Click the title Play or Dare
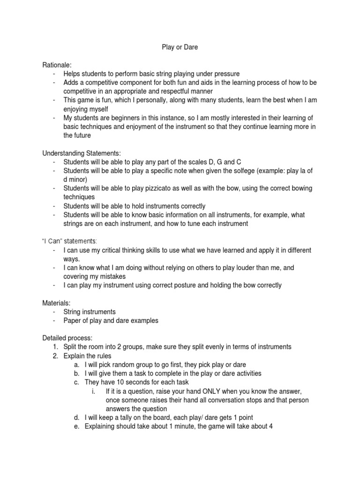180,47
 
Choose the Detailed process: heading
67,338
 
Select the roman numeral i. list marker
94,391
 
